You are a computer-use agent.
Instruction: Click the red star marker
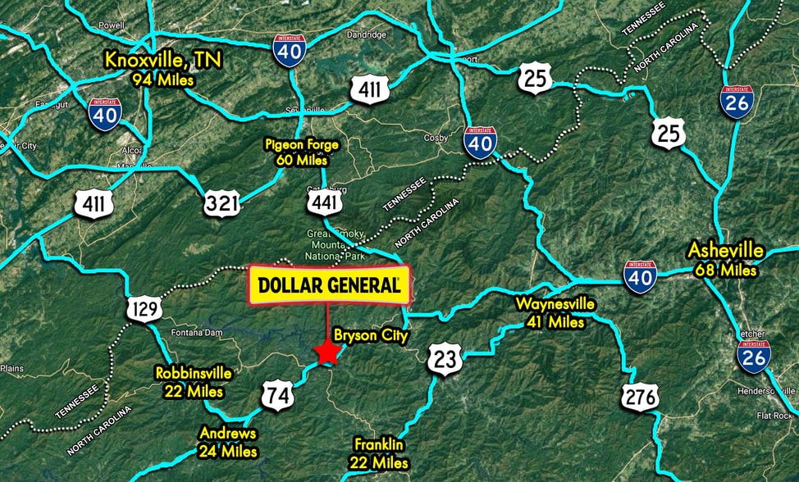pos(328,352)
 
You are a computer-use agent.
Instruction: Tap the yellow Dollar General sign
pos(329,285)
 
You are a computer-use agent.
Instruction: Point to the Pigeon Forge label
pos(302,152)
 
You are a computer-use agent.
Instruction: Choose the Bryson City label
pos(370,336)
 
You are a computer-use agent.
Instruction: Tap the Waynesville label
pos(555,312)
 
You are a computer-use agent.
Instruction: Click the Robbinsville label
pos(194,382)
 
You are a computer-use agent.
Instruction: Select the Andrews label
pos(227,442)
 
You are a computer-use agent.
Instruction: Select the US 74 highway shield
pos(277,395)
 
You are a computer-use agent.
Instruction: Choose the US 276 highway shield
pos(640,397)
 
